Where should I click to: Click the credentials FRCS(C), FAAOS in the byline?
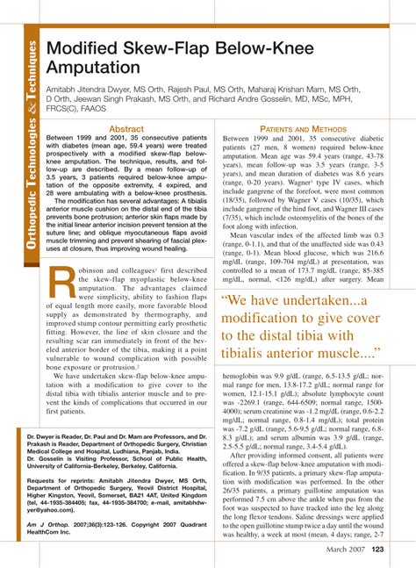(x=81, y=110)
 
